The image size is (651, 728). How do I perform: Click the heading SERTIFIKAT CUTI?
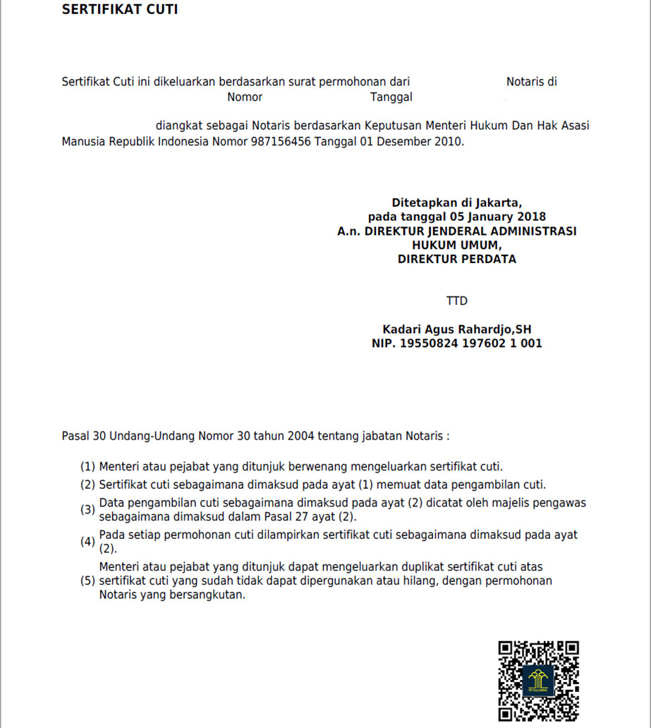[x=119, y=9]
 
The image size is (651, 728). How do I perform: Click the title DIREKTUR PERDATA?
[x=456, y=259]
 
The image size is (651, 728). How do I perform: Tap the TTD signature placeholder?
[x=456, y=301]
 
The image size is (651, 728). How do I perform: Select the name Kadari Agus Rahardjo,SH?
[x=456, y=329]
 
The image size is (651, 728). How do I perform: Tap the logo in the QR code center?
[x=539, y=681]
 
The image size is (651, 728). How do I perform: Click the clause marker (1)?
[x=87, y=466]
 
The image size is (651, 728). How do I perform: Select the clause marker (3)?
[x=87, y=510]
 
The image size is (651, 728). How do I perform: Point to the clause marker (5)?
[x=87, y=581]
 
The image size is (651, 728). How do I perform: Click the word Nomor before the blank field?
[x=245, y=97]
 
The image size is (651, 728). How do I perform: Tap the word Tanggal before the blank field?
[x=391, y=97]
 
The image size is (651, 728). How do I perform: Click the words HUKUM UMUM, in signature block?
[x=456, y=245]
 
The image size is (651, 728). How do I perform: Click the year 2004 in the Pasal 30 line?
[x=300, y=436]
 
